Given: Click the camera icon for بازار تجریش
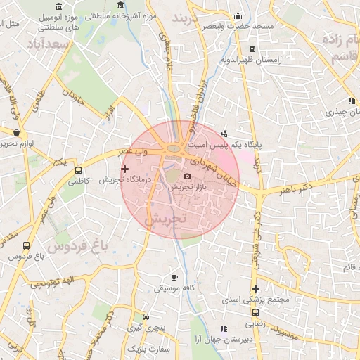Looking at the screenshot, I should pyautogui.click(x=187, y=176).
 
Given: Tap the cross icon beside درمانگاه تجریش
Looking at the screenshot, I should pyautogui.click(x=125, y=169).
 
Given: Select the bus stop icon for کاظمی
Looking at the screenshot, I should pyautogui.click(x=77, y=170).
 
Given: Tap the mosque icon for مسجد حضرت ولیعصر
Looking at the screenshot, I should pyautogui.click(x=238, y=15).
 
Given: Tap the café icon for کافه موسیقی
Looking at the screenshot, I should pyautogui.click(x=175, y=278).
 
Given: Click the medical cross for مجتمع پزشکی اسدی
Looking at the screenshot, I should pyautogui.click(x=255, y=288).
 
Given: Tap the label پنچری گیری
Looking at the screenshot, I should pyautogui.click(x=144, y=328).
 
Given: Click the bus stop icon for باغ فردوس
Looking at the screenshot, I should pyautogui.click(x=27, y=245).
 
